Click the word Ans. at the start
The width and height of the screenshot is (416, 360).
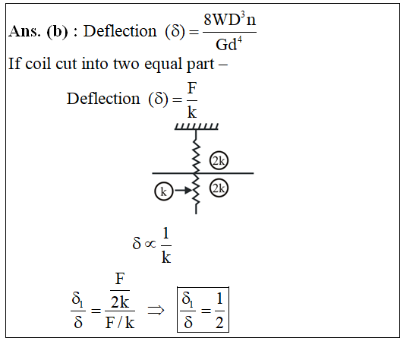pyautogui.click(x=24, y=31)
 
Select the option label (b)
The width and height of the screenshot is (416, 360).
pyautogui.click(x=57, y=32)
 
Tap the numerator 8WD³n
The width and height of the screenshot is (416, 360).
pyautogui.click(x=229, y=19)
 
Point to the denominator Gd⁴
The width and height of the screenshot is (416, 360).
pyautogui.click(x=228, y=44)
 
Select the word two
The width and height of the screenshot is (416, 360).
pyautogui.click(x=126, y=65)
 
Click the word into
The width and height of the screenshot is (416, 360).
pyautogui.click(x=95, y=64)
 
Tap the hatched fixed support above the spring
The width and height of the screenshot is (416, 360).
pyautogui.click(x=197, y=126)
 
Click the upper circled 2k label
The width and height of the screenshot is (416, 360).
pyautogui.click(x=219, y=160)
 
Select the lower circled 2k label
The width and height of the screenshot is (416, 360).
pyautogui.click(x=219, y=188)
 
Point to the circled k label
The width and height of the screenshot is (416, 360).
pyautogui.click(x=164, y=191)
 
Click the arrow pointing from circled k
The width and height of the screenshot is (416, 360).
pyautogui.click(x=183, y=190)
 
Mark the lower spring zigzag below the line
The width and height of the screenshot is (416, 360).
pyautogui.click(x=196, y=190)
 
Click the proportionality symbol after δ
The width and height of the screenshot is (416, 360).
pyautogui.click(x=150, y=244)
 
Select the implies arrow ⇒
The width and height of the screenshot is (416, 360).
pyautogui.click(x=156, y=310)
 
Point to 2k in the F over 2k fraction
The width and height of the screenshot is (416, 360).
pyautogui.click(x=120, y=302)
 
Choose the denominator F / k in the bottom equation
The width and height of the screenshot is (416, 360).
pyautogui.click(x=120, y=323)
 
